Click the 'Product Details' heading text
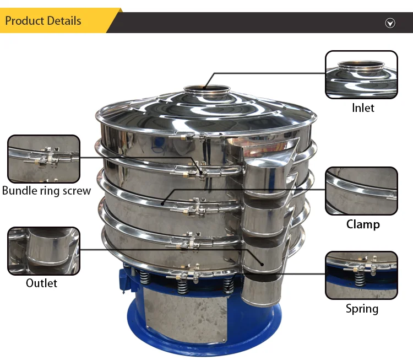point(43,21)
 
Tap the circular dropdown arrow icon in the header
point(390,23)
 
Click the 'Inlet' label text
point(363,108)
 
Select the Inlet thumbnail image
point(361,75)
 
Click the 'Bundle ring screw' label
point(46,191)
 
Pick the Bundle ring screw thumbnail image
point(44,159)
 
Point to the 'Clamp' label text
point(363,224)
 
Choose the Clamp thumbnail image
point(361,191)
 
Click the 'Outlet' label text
point(41,283)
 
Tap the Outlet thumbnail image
point(44,251)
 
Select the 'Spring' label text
point(362,308)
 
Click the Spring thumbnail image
point(361,275)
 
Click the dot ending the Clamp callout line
point(162,203)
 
